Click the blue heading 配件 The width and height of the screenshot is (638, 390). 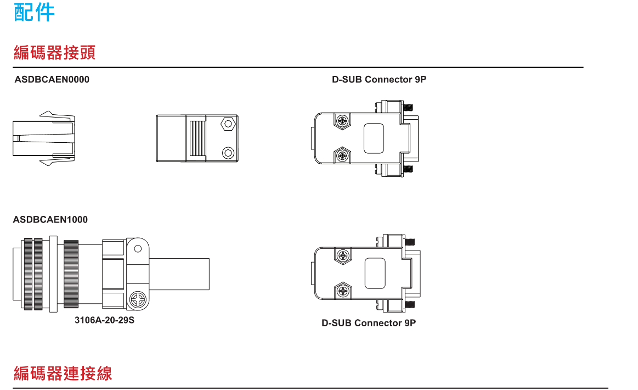pos(34,12)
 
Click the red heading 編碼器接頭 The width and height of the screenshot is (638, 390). pos(54,53)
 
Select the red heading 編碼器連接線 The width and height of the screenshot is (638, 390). pos(63,374)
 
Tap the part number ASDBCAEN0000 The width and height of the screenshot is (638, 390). pos(52,80)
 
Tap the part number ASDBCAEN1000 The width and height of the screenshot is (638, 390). pos(50,220)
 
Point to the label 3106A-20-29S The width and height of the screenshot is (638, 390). pos(105,320)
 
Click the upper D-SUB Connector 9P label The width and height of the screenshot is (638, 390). pos(379,80)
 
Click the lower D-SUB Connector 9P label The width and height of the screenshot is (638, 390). pos(369,323)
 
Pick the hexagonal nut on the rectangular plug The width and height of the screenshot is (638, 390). pos(228,124)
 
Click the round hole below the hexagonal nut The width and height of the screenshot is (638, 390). pos(228,153)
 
